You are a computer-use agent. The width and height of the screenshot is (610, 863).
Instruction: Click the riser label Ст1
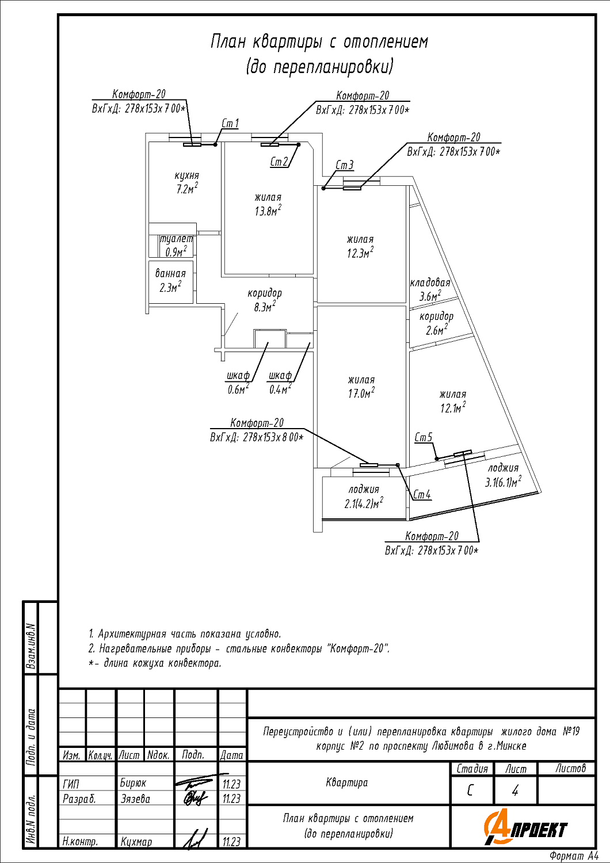[230, 124]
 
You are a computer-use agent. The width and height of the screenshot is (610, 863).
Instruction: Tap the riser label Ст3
[344, 165]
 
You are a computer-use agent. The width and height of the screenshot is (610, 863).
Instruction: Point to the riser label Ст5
[424, 438]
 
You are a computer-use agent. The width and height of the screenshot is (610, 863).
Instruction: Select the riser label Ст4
[422, 495]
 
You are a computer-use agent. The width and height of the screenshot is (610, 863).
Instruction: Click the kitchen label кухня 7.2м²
[187, 182]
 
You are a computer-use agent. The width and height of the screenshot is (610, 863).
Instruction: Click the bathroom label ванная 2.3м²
[170, 281]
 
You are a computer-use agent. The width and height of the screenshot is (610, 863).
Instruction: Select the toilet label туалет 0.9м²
[176, 246]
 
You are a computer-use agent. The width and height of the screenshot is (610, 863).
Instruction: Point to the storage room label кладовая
[430, 283]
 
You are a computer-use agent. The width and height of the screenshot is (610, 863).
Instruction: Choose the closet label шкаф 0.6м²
[238, 383]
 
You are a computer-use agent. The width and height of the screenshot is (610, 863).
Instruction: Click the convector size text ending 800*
[257, 438]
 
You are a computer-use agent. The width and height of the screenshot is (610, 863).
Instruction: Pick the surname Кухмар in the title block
[136, 842]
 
